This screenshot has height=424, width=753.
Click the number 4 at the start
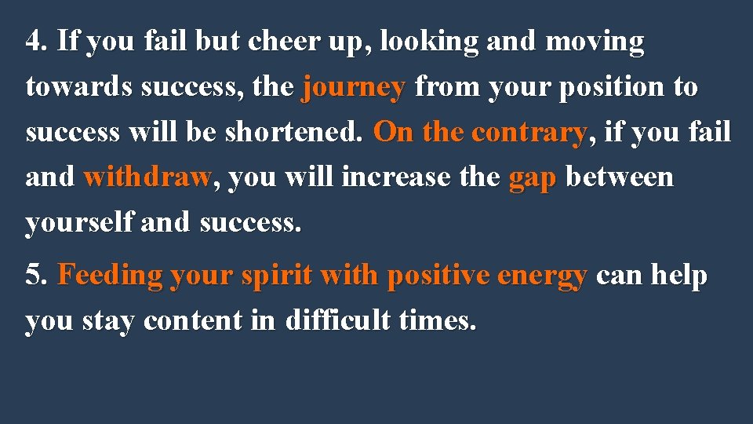tap(33, 41)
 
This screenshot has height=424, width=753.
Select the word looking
tap(430, 42)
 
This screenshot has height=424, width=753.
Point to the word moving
tap(595, 42)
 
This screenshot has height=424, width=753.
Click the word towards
tap(79, 86)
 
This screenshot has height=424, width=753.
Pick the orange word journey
tap(353, 88)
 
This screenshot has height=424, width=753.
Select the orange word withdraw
tap(147, 177)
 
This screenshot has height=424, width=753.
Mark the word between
tap(619, 177)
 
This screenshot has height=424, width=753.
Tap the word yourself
tap(79, 223)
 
